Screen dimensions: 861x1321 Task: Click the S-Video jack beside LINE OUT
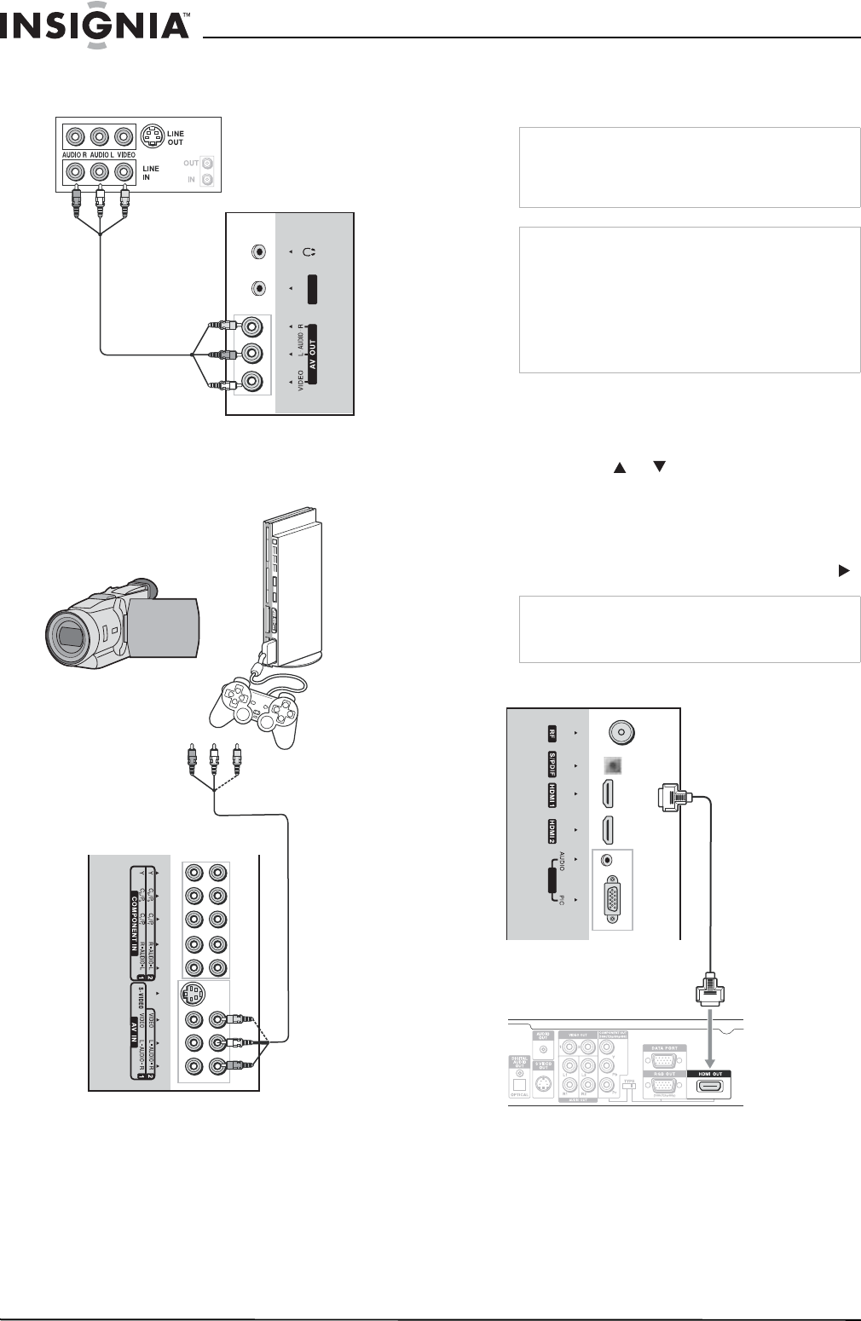[153, 136]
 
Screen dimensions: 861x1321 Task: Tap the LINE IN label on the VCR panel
[151, 173]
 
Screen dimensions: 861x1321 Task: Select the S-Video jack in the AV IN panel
[194, 995]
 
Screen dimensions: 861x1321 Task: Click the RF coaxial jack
[621, 732]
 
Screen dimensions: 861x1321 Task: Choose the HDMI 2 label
[552, 830]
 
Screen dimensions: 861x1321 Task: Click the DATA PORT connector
[664, 1061]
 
